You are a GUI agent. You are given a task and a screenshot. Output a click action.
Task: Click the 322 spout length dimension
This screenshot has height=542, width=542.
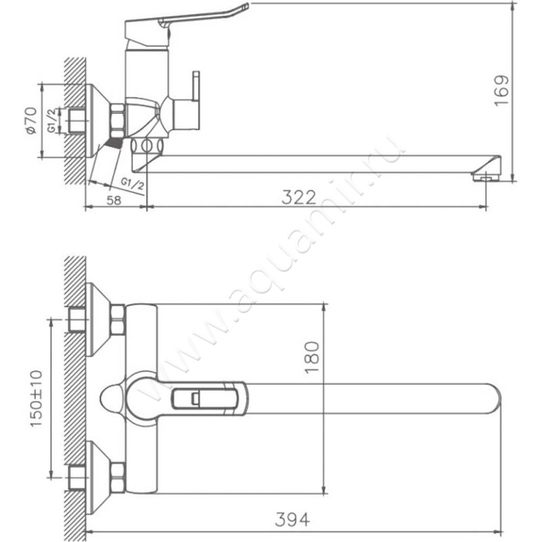[x=299, y=197]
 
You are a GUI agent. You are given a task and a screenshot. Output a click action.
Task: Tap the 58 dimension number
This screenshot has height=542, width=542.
[x=114, y=200]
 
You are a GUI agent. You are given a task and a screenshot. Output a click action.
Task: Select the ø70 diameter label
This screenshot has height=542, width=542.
[x=31, y=121]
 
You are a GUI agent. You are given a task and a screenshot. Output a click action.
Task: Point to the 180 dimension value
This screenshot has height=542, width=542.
[x=312, y=357]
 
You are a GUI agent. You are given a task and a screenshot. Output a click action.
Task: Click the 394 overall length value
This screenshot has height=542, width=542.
[x=293, y=519]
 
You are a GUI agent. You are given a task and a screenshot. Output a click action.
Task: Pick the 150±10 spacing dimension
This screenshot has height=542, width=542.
[x=37, y=398]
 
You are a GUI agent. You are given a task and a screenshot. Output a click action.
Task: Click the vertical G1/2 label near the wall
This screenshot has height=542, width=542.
[x=51, y=121]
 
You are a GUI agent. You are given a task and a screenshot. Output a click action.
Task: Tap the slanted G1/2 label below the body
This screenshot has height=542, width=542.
[x=132, y=184]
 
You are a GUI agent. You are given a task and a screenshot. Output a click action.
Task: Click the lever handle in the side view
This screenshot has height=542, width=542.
[x=187, y=25]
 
